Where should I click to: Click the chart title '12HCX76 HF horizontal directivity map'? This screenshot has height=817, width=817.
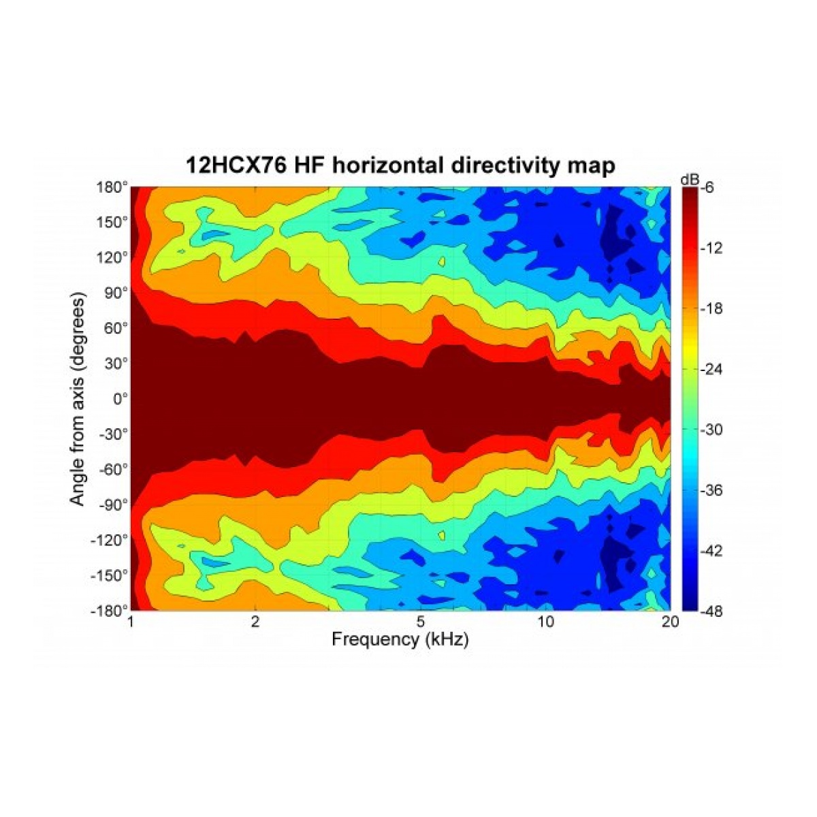[x=400, y=165]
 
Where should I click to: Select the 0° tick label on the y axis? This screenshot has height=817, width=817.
[x=118, y=398]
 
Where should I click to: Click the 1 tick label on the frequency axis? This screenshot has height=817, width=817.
[x=131, y=622]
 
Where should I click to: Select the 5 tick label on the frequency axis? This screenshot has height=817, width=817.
[x=421, y=622]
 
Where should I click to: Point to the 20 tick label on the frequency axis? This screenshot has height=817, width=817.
[x=670, y=622]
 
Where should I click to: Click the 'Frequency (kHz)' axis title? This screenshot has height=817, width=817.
[x=400, y=639]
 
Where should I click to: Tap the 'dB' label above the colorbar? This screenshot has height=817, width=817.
[x=688, y=178]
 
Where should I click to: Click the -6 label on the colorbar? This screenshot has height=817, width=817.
[x=706, y=189]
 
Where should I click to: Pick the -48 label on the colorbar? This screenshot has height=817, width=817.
[x=709, y=611]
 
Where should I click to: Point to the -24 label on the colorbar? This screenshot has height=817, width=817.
[x=709, y=370]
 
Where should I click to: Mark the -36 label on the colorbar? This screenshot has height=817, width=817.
[x=709, y=490]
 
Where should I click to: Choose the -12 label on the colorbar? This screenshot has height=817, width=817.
[x=709, y=249]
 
